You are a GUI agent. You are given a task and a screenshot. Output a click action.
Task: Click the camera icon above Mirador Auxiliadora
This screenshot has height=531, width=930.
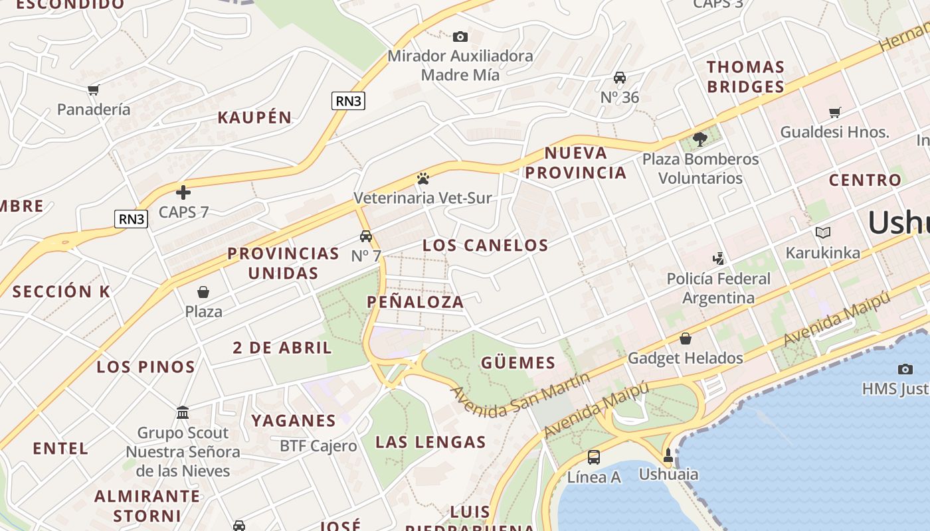tap(460, 37)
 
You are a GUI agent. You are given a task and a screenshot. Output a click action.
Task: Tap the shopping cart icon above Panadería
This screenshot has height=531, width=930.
tap(93, 90)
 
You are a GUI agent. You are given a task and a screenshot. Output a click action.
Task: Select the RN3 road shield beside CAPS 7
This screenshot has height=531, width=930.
tap(131, 219)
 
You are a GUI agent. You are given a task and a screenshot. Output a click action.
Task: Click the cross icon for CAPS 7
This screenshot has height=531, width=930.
tap(183, 192)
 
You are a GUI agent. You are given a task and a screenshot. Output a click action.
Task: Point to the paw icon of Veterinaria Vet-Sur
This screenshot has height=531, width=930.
tap(422, 179)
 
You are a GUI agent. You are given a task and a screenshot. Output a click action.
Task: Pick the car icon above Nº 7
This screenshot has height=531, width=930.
tap(365, 236)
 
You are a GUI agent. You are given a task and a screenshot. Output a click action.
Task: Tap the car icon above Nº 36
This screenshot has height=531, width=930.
tap(619, 78)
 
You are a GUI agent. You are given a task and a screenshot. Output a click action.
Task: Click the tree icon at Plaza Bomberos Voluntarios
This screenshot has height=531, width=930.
tap(699, 139)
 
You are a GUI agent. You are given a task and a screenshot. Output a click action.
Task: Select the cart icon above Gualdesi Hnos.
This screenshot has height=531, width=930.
tap(834, 112)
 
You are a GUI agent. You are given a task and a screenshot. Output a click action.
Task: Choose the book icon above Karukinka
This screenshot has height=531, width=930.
tap(822, 233)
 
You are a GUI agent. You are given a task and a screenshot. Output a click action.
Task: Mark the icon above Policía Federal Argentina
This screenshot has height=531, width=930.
tap(717, 258)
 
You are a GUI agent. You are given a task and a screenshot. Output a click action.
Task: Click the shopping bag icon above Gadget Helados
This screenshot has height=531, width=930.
tap(685, 339)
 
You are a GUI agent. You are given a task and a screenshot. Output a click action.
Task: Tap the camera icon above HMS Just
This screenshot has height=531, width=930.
tap(905, 369)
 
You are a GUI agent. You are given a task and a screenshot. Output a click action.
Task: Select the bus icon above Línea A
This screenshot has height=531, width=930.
tap(593, 457)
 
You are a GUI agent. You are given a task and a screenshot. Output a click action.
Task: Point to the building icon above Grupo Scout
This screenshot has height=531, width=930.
tap(183, 413)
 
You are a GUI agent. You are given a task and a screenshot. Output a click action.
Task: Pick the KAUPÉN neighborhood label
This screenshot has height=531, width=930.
tap(255, 118)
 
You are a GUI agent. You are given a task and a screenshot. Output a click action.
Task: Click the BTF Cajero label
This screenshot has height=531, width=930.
tap(318, 446)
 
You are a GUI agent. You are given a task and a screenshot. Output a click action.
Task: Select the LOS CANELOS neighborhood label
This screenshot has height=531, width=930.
tap(486, 246)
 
